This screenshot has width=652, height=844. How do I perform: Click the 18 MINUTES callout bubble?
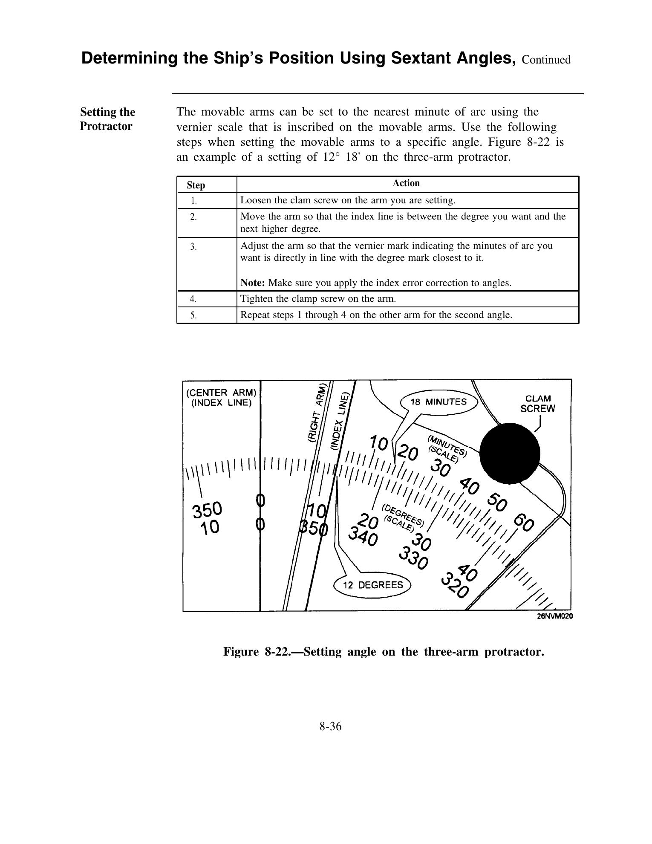coord(438,402)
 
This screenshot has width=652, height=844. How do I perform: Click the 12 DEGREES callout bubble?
coord(373,585)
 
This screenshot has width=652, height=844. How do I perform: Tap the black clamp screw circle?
coord(510,454)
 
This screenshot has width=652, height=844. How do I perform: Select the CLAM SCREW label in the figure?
coord(538,404)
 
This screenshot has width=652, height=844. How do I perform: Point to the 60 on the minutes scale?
coord(524,523)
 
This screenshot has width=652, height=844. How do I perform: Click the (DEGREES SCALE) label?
coord(402,517)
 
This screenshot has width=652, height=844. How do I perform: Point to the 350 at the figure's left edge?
coord(207,510)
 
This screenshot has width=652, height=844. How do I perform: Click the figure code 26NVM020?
coord(554,616)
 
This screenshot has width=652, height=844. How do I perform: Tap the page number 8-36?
coord(331,726)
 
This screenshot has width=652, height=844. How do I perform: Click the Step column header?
coord(196,185)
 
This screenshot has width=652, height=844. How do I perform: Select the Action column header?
coord(406,183)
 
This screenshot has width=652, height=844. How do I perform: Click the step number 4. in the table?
coord(193,299)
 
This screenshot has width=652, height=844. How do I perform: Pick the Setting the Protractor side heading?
coord(107,119)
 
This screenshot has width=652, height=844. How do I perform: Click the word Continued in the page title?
coord(546,60)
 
